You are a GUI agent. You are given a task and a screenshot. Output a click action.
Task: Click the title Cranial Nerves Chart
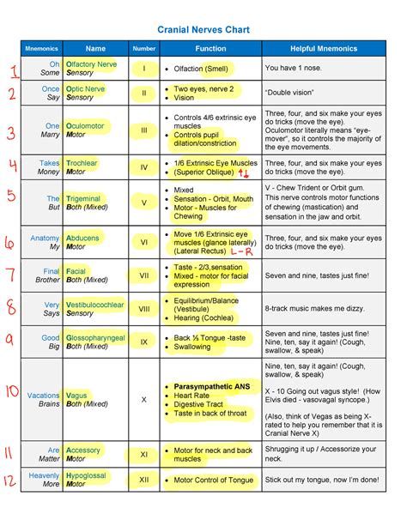pyautogui.click(x=203, y=29)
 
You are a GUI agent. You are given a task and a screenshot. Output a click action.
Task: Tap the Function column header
pyautogui.click(x=210, y=49)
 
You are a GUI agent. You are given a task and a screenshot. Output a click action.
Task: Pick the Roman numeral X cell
pyautogui.click(x=144, y=400)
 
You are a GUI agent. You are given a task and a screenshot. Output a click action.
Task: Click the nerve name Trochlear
pyautogui.click(x=83, y=161)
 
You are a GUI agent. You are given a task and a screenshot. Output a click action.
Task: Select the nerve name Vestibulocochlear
pyautogui.click(x=94, y=305)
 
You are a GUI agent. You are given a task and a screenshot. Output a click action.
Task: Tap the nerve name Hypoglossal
pyautogui.click(x=88, y=475)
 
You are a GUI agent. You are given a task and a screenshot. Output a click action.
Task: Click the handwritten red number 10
pyautogui.click(x=12, y=392)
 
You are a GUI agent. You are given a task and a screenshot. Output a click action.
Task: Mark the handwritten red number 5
pyautogui.click(x=11, y=196)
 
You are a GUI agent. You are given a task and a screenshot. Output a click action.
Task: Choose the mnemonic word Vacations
pyautogui.click(x=44, y=396)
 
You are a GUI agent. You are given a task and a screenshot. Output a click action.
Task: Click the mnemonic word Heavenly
pyautogui.click(x=44, y=475)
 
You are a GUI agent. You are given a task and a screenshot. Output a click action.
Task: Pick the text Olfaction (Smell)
pyautogui.click(x=199, y=69)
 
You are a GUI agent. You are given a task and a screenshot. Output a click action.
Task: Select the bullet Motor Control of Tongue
pyautogui.click(x=214, y=480)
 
